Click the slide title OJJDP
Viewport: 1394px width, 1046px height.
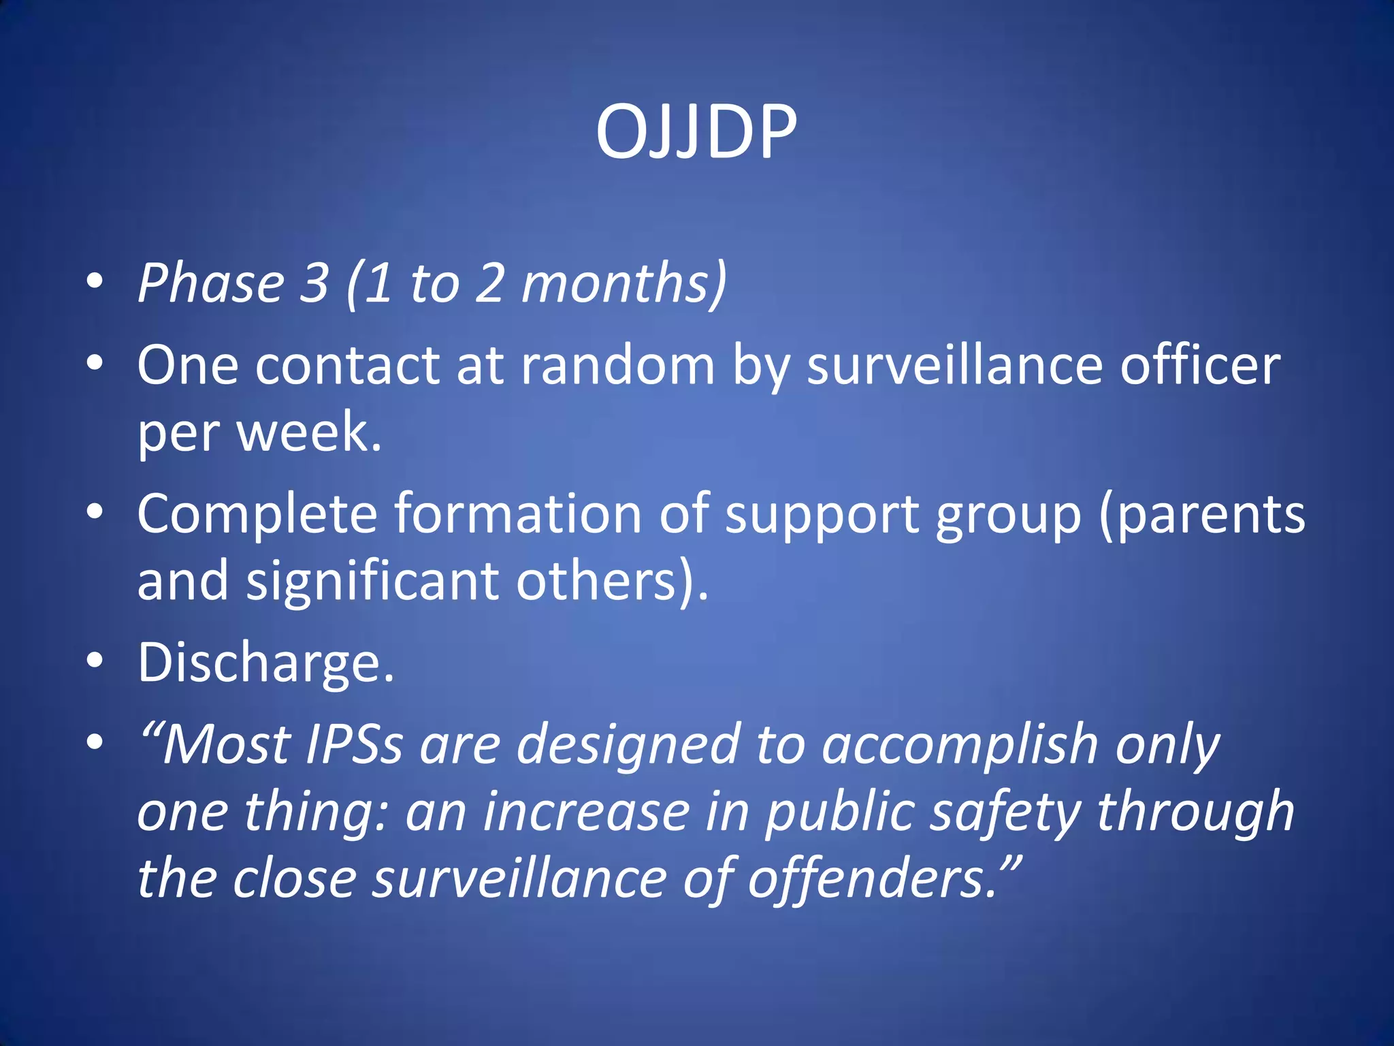696,132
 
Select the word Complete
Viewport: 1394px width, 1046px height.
257,513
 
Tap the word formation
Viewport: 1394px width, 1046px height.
518,513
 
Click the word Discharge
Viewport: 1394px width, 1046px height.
265,663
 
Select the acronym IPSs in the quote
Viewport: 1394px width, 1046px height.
355,744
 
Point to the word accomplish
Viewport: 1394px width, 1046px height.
960,744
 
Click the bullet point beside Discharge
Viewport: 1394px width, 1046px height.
95,660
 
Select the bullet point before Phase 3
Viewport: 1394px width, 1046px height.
95,281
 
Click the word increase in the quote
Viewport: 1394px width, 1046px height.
586,812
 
